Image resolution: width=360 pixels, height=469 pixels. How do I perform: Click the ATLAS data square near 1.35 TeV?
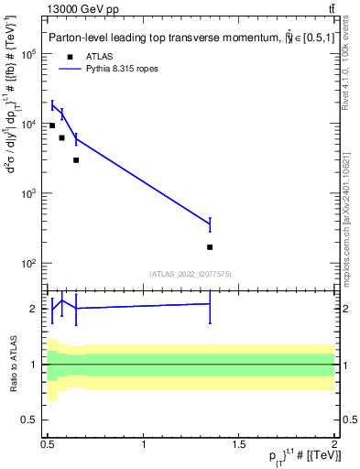(x=210, y=247)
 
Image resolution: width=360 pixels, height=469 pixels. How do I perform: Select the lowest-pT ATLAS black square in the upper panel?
(x=52, y=125)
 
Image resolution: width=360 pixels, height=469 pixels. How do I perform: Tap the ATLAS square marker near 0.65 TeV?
(x=76, y=160)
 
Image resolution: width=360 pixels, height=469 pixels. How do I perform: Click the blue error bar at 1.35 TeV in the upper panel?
(x=210, y=224)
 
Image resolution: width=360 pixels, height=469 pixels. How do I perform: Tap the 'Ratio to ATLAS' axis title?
(x=13, y=365)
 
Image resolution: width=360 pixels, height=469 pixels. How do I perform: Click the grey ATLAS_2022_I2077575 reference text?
(x=191, y=274)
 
